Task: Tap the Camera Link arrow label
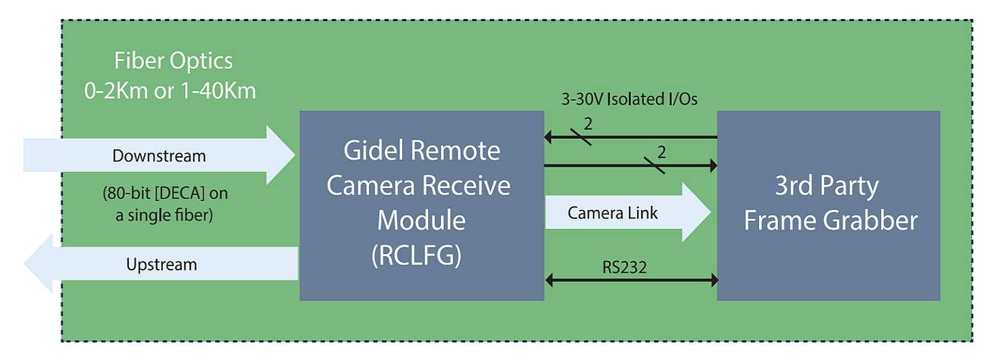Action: pos(613,214)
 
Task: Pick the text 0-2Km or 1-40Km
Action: pos(170,91)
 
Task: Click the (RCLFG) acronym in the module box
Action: pos(421,257)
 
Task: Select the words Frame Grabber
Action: pos(830,221)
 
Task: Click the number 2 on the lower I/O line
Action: pos(661,152)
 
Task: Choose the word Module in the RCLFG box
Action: pos(421,221)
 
